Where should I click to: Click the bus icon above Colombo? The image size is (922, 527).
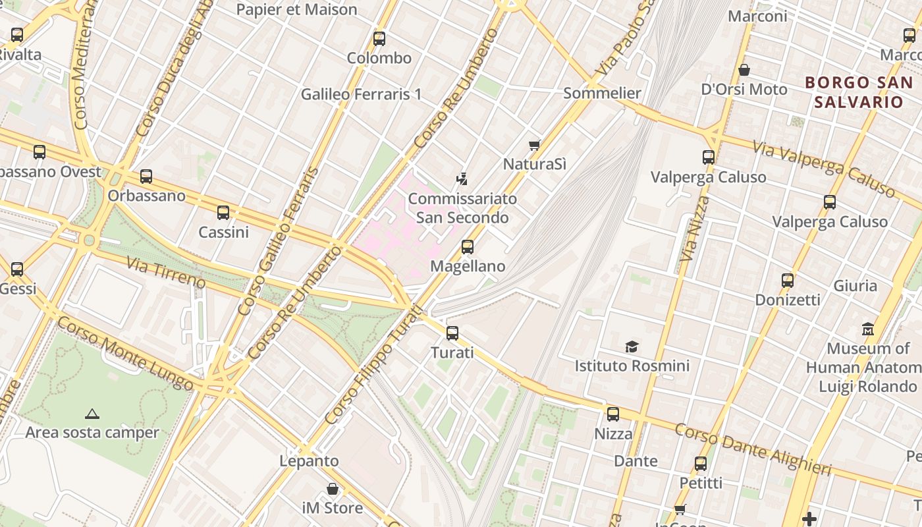point(379,38)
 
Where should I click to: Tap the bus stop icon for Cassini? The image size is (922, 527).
point(223,213)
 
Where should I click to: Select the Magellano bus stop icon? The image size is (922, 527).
point(468,247)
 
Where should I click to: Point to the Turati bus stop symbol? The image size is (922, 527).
point(452,333)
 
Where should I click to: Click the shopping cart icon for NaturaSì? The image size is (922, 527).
point(534,145)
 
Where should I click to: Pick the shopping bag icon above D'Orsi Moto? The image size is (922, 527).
point(744,70)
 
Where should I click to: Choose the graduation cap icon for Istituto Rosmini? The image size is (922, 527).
point(632,347)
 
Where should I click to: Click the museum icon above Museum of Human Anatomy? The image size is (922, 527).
point(868,329)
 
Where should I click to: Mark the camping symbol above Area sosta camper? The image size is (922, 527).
point(92,414)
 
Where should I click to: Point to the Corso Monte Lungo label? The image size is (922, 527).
point(124,353)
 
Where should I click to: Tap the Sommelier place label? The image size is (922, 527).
point(602,93)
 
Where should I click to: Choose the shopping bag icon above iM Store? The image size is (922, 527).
point(333,489)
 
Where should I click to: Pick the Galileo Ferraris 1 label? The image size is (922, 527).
point(361,94)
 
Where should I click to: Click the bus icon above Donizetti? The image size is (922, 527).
point(787,281)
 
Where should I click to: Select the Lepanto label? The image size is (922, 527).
point(309,461)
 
